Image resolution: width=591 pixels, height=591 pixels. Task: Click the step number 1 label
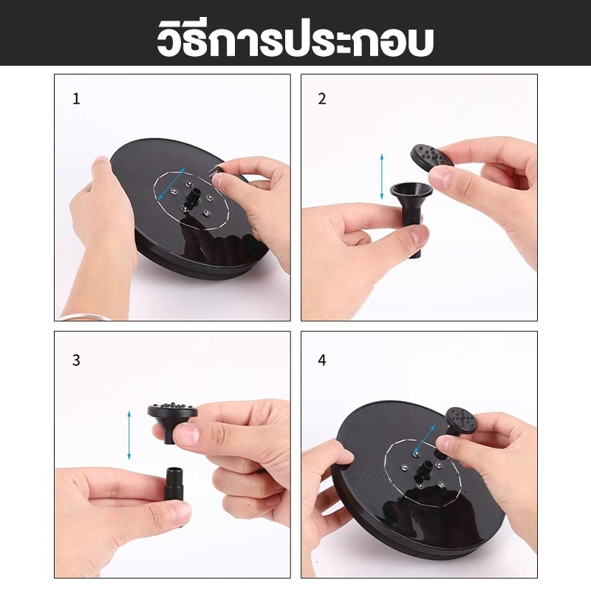[77, 99]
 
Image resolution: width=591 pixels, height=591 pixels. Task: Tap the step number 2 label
[322, 99]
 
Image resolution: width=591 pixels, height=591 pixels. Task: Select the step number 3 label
[76, 361]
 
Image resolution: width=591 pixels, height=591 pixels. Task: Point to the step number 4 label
[322, 361]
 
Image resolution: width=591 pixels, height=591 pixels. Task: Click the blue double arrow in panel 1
[171, 183]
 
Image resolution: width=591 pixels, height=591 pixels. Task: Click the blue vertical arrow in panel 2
[382, 176]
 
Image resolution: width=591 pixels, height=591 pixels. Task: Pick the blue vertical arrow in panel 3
[129, 435]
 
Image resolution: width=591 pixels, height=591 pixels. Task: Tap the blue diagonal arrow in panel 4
[425, 439]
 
